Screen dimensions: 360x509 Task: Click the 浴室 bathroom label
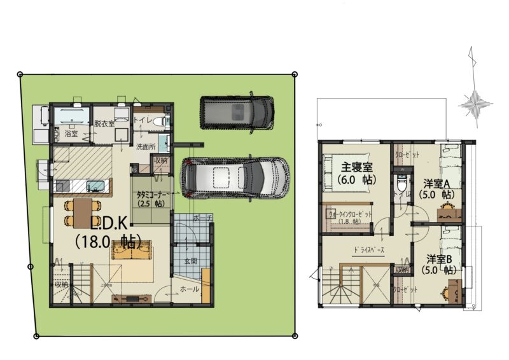coord(71,134)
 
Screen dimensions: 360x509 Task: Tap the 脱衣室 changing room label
coord(104,123)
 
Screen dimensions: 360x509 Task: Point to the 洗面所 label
coord(146,146)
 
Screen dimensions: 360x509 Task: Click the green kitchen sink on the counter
coord(96,186)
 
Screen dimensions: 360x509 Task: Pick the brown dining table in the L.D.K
coord(83,212)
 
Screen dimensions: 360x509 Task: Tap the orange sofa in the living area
coord(131,250)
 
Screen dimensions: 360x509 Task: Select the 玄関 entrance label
coord(191,261)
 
